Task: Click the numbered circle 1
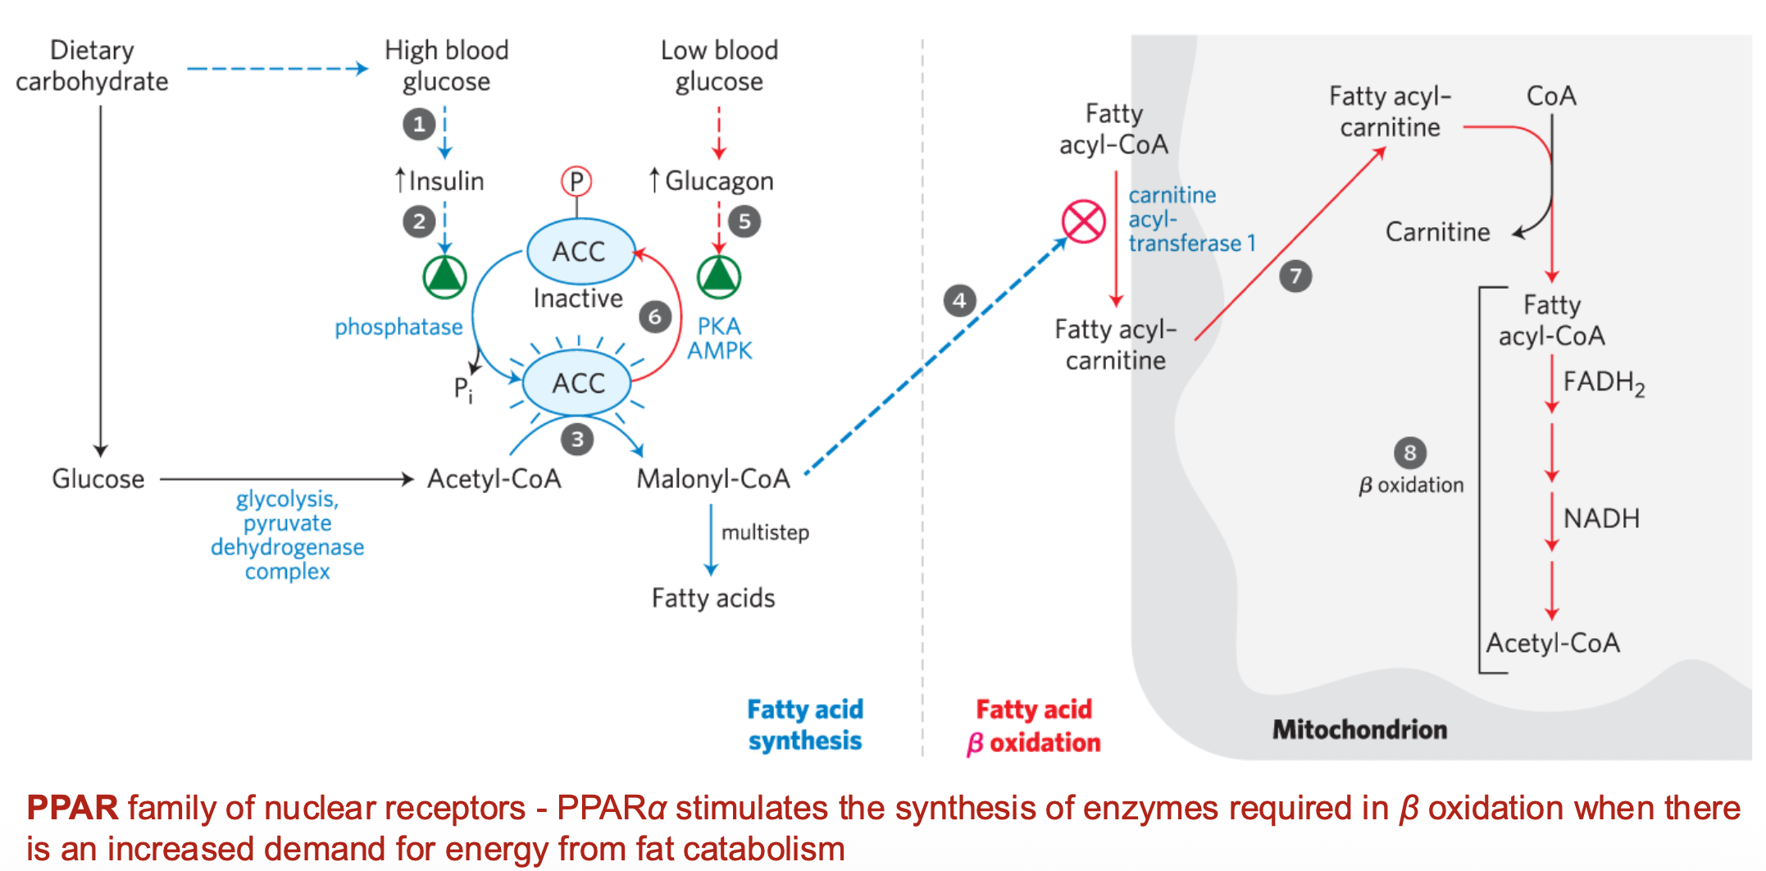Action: (419, 125)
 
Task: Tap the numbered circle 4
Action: (959, 300)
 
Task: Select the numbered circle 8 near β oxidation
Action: (1410, 453)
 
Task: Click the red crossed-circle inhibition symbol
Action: (1083, 221)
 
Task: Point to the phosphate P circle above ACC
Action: (576, 181)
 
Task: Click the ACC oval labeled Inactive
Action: (580, 251)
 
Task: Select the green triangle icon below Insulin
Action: (444, 276)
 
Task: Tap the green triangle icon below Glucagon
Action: (719, 276)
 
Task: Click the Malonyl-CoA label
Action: (713, 479)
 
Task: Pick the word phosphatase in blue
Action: (398, 327)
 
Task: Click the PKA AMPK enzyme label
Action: (719, 338)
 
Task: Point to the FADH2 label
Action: (1603, 382)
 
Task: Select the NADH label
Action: (1601, 518)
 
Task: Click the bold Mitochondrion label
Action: (1359, 729)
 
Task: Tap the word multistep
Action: (765, 533)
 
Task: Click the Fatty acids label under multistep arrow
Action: (713, 598)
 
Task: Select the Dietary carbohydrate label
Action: (92, 66)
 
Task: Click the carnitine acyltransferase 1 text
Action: (1190, 219)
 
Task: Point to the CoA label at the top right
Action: (1551, 96)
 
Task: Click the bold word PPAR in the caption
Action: (72, 808)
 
